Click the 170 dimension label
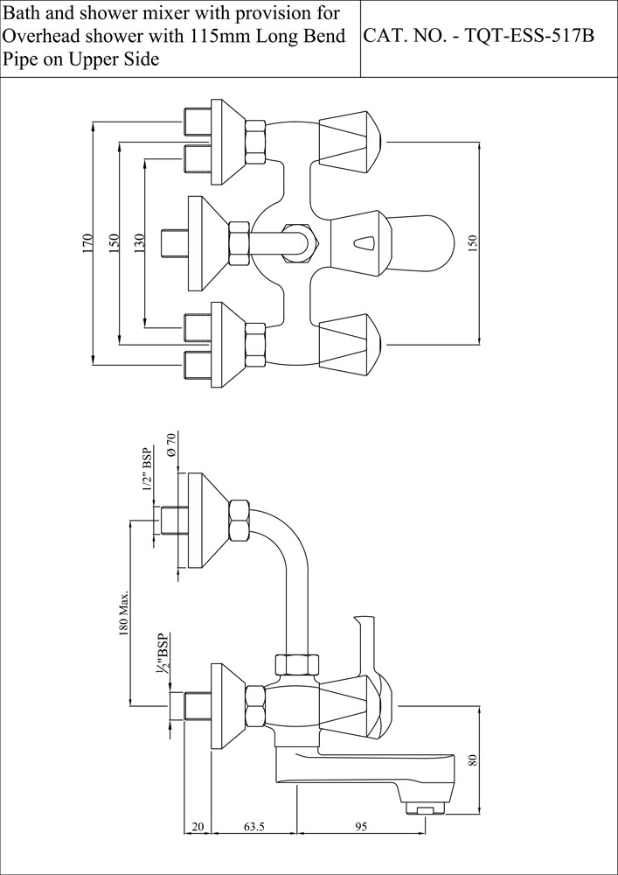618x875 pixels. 87,244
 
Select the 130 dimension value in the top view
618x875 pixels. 139,241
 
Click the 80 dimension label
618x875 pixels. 473,760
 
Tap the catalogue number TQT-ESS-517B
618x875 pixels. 530,36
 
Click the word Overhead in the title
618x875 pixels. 39,36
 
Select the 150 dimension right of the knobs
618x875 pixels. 473,241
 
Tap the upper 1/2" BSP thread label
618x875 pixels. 148,469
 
